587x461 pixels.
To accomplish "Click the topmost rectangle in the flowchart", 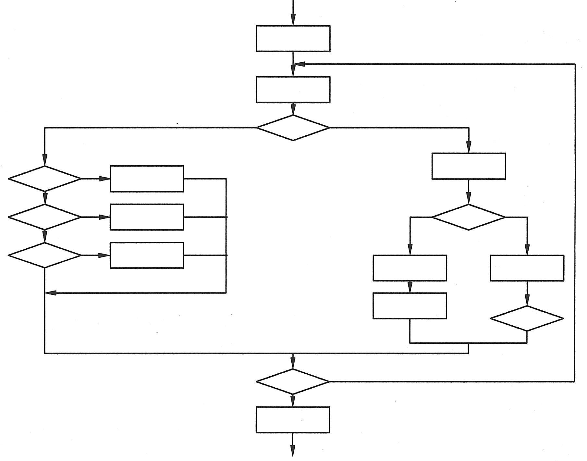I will (x=293, y=38).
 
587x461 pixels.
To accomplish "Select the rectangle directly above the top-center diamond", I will (x=293, y=90).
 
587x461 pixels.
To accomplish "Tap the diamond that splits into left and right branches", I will (x=293, y=128).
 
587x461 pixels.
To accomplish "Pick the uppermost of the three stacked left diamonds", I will (x=45, y=179).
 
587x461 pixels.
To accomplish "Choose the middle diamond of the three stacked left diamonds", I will (x=45, y=217).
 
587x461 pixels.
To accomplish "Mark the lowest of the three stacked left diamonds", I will (x=45, y=255).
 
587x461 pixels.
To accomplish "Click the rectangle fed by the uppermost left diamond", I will (x=147, y=179).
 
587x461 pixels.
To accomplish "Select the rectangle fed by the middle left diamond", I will (x=147, y=217).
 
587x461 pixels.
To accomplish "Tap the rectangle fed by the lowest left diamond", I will (x=147, y=255).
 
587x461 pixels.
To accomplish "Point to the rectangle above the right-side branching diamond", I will (x=469, y=166).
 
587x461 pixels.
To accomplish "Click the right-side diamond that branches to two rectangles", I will (x=469, y=217).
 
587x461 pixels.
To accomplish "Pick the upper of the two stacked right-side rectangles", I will (x=410, y=268).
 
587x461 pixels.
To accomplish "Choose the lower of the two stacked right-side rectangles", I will (x=410, y=306).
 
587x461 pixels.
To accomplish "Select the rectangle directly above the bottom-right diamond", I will (x=527, y=268).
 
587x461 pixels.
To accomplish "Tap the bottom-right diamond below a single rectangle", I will (x=527, y=318).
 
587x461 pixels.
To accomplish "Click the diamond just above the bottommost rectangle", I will (x=293, y=381).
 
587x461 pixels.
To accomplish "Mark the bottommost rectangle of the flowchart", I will (x=293, y=419).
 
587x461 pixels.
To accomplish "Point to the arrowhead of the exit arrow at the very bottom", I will (x=293, y=451).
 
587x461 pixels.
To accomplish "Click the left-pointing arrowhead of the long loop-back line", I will (x=299, y=64).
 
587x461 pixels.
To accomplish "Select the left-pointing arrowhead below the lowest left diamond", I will (x=51, y=293).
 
